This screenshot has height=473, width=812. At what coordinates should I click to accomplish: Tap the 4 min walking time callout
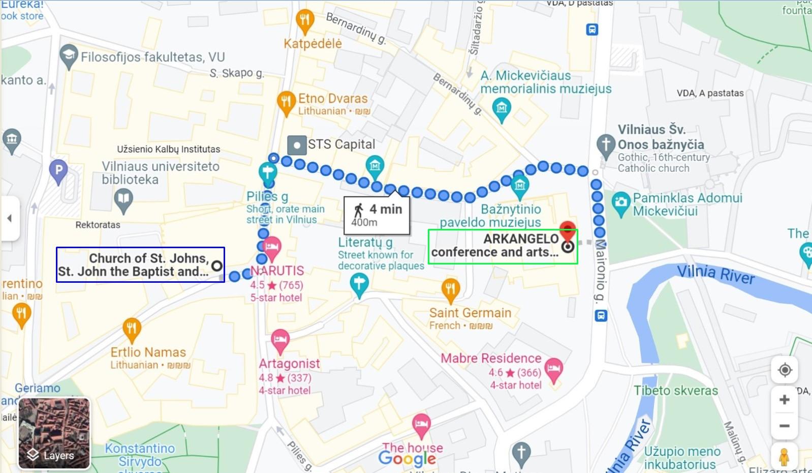tap(377, 215)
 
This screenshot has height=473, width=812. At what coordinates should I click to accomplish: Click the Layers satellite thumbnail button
tap(54, 433)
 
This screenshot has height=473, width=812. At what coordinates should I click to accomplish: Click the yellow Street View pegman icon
tap(784, 456)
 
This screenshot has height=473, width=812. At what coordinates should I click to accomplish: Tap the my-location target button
tap(785, 370)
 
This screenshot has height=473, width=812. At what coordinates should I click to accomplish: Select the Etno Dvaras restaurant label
tap(332, 99)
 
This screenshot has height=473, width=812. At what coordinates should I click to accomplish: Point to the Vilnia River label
tap(715, 274)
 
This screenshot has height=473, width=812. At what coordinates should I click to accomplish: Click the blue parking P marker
tap(58, 170)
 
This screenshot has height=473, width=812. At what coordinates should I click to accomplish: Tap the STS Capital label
tap(341, 144)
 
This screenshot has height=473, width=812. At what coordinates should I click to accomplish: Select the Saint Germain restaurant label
tap(470, 313)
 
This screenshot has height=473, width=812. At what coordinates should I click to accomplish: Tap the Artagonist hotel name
tap(289, 364)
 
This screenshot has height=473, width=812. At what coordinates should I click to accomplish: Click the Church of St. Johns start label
tap(140, 264)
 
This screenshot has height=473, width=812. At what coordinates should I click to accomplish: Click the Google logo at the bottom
tap(407, 459)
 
